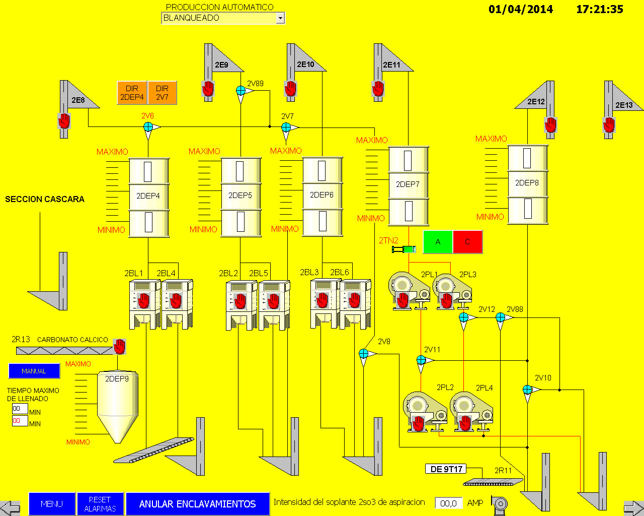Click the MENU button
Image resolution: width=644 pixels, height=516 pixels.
point(52,504)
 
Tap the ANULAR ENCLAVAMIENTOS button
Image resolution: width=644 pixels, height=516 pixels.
point(198,504)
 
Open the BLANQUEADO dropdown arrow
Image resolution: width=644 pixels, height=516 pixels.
point(280,18)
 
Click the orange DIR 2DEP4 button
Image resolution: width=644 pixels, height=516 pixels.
point(132,93)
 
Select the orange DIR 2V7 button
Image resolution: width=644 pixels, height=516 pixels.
point(162,93)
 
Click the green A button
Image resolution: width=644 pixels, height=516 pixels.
point(438,242)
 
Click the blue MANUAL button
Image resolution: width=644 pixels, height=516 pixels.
point(34,371)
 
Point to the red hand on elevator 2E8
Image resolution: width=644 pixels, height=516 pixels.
point(64,121)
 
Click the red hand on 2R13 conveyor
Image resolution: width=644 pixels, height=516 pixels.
point(120,347)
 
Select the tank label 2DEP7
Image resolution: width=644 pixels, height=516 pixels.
point(408,184)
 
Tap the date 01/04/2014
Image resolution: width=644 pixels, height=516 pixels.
point(521,9)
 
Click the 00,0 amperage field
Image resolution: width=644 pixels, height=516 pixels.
point(448,503)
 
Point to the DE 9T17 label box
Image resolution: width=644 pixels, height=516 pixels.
point(446,469)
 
